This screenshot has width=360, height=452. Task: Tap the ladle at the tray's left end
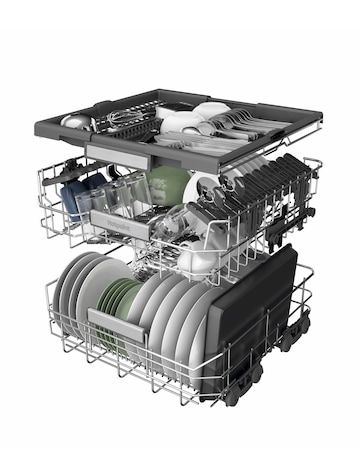76,121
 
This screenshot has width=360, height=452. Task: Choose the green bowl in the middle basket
167,185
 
